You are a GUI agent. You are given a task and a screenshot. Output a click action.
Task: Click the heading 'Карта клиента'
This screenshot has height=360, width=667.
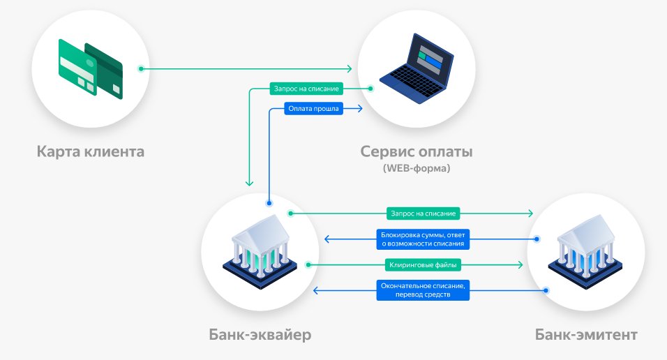click(x=91, y=151)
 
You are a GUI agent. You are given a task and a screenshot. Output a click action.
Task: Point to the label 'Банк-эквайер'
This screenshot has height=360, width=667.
click(x=260, y=335)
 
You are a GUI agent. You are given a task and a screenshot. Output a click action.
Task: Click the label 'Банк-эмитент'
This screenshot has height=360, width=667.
click(x=586, y=335)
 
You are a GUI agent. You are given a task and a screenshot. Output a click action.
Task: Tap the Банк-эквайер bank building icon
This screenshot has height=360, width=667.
click(x=261, y=250)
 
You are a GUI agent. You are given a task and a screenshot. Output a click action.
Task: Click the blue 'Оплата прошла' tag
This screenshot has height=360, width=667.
click(x=313, y=109)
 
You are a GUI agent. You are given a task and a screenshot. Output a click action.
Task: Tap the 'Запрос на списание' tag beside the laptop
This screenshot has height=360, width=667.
click(x=305, y=89)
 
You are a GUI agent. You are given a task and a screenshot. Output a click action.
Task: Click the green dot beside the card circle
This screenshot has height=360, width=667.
click(x=142, y=68)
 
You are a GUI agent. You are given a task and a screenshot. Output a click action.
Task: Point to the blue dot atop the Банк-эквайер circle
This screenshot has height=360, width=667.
click(x=269, y=204)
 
